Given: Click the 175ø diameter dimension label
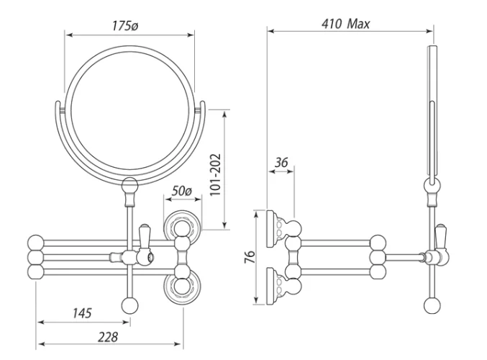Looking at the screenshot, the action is pos(125,26).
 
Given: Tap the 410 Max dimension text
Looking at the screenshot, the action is pos(346,24).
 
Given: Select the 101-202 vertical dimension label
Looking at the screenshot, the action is pos(215,174).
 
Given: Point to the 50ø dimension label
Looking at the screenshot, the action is pos(182,191).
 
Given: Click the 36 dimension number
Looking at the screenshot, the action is pos(281,162).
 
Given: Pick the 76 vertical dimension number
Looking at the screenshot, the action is pos(250,257).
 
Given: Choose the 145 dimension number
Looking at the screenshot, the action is pos(82,313).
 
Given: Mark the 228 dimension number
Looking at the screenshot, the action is pos(108,337).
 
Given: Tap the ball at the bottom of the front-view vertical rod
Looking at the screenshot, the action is pos(129,305).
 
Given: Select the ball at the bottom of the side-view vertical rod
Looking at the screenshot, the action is pos(432,305).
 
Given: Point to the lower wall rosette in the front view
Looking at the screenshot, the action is pos(183,287).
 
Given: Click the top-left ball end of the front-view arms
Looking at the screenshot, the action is pos(36,243).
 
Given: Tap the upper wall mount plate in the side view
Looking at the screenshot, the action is pos(274,229).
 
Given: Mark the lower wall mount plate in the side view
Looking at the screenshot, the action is pos(274,287).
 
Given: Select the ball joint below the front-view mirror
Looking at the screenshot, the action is pos(129,186).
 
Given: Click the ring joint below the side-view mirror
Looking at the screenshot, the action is pos(432,186).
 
